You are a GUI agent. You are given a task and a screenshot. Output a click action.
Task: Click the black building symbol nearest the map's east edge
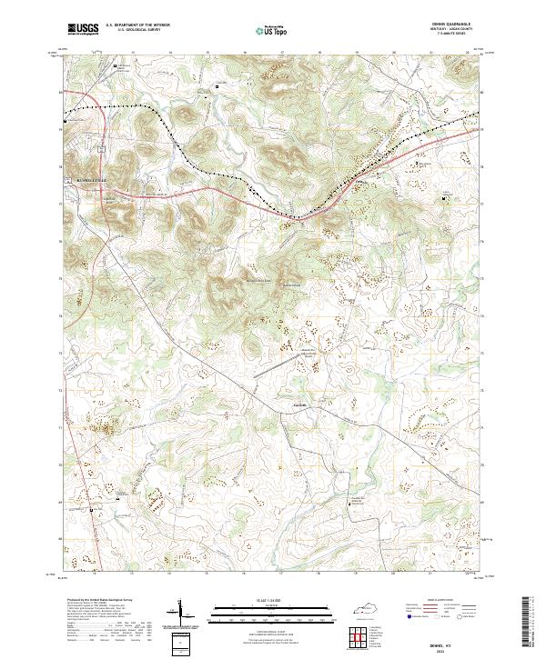[x=445, y=199]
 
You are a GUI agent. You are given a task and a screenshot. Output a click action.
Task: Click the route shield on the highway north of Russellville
[x=103, y=145]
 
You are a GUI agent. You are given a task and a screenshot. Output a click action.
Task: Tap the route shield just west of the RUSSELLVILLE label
[x=68, y=182]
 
